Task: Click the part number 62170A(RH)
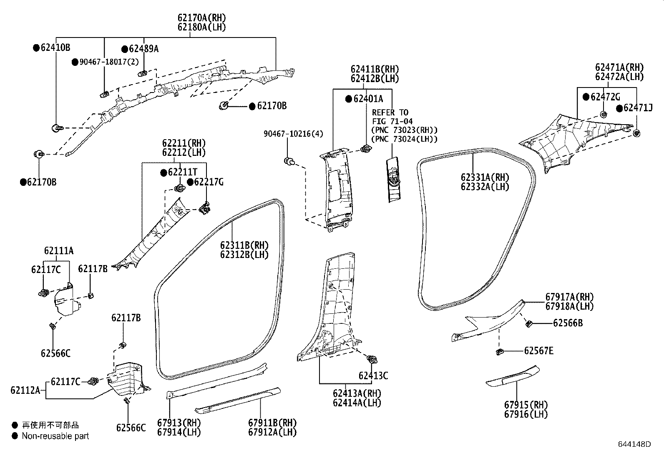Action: click(201, 18)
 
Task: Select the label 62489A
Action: click(143, 49)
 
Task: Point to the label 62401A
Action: click(368, 99)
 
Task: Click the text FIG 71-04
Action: click(392, 121)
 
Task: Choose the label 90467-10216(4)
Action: click(293, 134)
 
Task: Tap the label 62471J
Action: click(638, 108)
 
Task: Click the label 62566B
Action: click(568, 323)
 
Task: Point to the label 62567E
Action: click(538, 351)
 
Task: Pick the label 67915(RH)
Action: click(526, 405)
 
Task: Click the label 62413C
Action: click(373, 376)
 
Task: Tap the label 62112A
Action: click(25, 390)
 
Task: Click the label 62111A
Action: click(58, 251)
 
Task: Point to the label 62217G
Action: click(209, 182)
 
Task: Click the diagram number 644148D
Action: click(634, 444)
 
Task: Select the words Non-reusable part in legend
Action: click(55, 436)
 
